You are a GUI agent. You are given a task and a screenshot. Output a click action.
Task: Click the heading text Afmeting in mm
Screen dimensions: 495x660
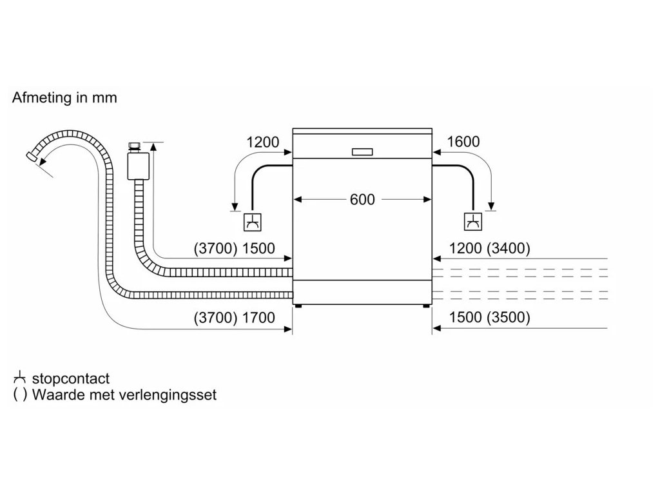(64, 97)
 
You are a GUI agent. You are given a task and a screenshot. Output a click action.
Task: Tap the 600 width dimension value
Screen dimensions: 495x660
(362, 200)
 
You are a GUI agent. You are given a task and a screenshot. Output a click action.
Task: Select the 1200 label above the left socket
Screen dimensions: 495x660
(264, 142)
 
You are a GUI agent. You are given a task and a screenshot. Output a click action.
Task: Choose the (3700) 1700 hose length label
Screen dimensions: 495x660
(235, 318)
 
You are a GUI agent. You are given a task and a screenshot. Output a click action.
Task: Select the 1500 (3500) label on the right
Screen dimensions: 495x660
(490, 318)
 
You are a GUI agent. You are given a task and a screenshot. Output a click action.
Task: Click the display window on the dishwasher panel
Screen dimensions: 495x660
(362, 151)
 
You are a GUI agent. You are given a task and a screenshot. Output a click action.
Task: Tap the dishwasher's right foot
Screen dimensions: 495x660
(426, 306)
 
